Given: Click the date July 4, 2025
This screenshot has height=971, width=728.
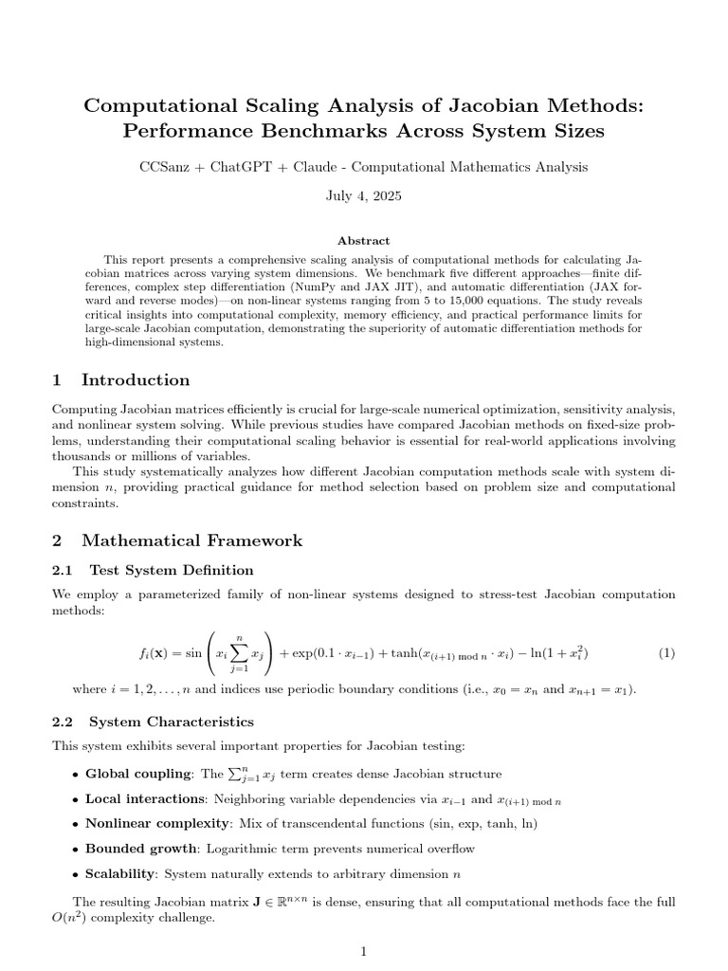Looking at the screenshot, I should coord(364,196).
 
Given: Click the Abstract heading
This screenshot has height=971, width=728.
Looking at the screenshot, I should coord(364,241).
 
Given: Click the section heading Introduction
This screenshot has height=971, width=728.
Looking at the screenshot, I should coord(136,380).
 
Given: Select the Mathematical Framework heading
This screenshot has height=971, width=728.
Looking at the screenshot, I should coord(192,540).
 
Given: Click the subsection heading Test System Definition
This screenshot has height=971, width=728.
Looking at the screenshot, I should coord(172,570).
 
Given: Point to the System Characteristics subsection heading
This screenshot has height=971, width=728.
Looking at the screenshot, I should coord(172,722).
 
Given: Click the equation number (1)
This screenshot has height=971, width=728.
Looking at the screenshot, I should coord(665,653).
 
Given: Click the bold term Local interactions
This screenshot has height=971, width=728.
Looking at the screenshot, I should coord(145,799).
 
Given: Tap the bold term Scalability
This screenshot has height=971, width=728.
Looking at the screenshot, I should coord(121,873).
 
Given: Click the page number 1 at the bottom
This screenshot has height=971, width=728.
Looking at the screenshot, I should coord(364,952).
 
